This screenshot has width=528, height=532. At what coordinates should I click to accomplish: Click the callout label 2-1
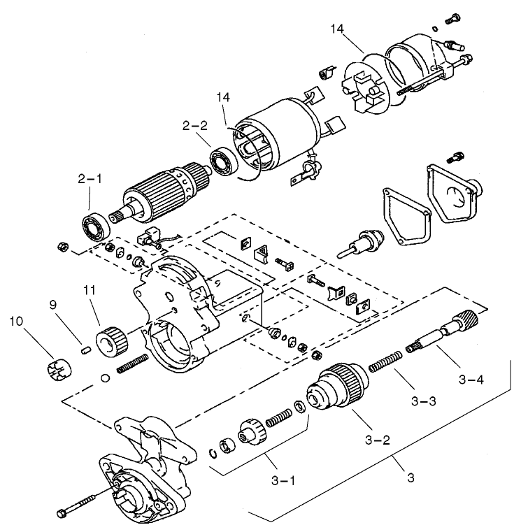coord(90,179)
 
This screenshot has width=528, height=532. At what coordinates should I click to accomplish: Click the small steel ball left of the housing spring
coord(106,378)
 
